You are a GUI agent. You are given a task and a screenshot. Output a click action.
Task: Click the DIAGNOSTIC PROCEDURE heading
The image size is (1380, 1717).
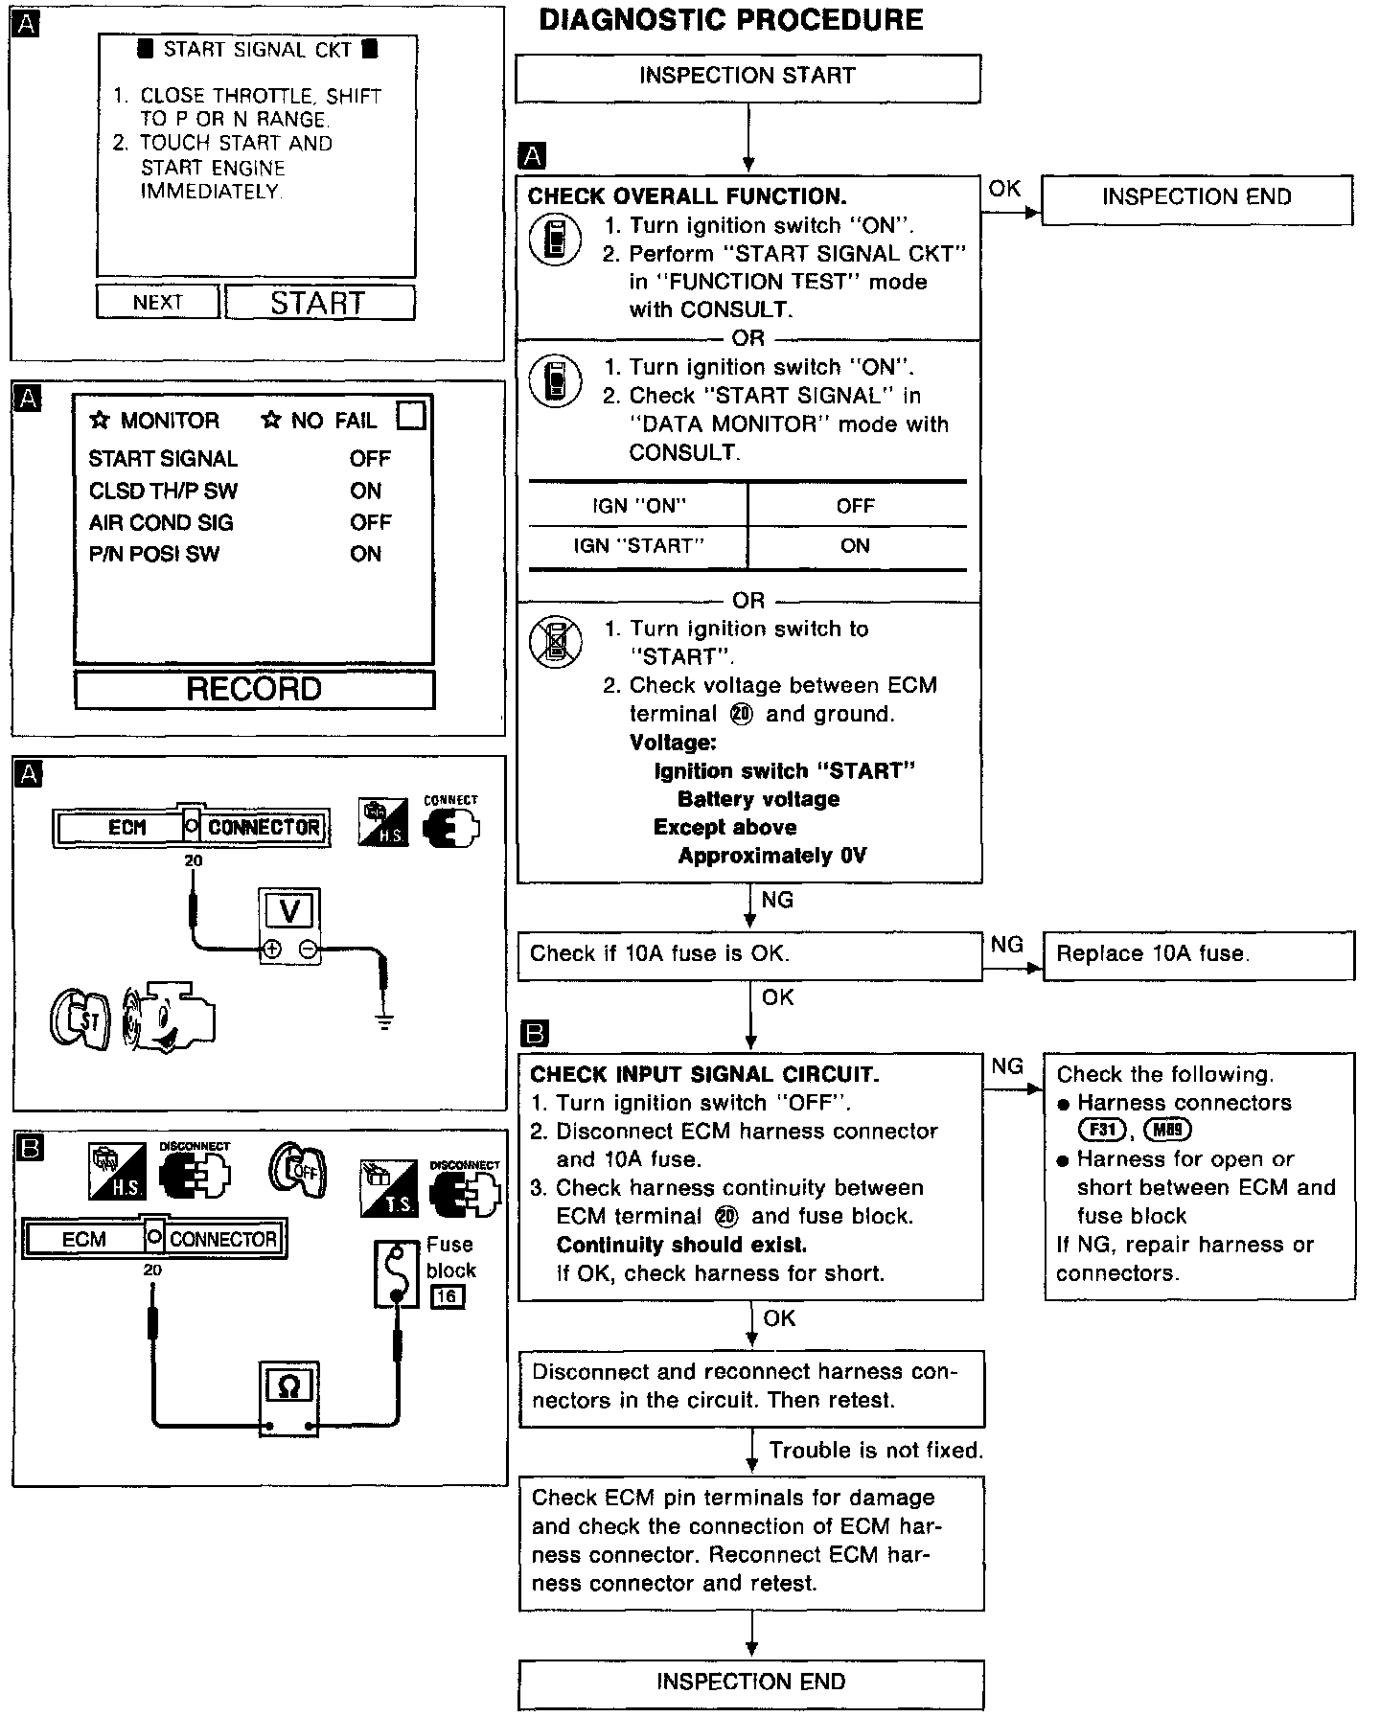(731, 21)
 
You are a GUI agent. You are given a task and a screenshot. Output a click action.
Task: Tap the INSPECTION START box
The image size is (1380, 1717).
(747, 77)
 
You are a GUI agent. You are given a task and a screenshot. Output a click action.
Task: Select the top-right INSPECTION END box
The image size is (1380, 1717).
(1197, 198)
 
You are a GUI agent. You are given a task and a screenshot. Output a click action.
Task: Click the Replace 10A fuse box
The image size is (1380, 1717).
(1198, 954)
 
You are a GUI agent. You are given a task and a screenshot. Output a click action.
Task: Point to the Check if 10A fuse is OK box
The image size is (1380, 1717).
(749, 954)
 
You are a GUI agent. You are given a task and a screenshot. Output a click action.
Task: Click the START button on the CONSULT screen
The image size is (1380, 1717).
(318, 303)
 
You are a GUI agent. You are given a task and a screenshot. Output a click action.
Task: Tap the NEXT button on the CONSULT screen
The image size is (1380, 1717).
(158, 303)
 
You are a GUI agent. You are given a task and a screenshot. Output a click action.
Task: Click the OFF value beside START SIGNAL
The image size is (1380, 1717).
(370, 459)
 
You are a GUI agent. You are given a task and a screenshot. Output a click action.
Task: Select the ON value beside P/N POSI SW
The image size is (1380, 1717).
(366, 555)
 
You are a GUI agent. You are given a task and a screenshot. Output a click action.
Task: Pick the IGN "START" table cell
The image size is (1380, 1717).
(638, 546)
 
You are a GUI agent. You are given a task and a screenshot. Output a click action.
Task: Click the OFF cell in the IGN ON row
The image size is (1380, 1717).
(856, 506)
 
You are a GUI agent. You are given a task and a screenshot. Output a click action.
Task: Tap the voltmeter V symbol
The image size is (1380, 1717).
(289, 910)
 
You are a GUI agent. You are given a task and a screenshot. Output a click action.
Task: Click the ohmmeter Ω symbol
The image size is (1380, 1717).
(288, 1386)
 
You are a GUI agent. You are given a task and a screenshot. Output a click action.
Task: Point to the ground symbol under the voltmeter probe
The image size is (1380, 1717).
(385, 1022)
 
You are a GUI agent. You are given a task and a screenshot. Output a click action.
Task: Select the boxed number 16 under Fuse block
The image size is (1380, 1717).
(448, 1297)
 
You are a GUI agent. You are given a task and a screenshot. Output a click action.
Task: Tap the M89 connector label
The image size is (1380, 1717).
(1166, 1130)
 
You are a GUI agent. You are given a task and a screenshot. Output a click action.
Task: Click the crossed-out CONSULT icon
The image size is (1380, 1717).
(556, 642)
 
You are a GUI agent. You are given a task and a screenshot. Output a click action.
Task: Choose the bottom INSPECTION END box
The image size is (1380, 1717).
(751, 1682)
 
